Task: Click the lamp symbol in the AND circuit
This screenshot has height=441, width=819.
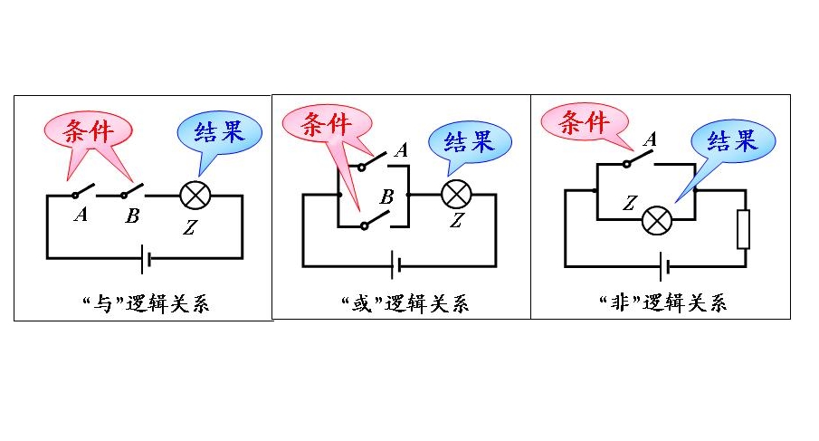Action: (193, 196)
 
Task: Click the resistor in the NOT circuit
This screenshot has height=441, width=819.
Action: (744, 228)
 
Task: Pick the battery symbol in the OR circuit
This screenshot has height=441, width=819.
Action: (395, 265)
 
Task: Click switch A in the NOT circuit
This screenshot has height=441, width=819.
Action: (637, 163)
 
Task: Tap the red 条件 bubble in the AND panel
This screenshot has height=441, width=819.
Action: (88, 134)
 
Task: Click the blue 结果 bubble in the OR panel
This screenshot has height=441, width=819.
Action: (470, 142)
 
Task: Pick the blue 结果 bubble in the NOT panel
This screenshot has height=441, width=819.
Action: (732, 140)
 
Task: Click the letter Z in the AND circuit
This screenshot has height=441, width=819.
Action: (189, 227)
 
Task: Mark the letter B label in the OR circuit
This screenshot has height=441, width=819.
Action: (386, 197)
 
